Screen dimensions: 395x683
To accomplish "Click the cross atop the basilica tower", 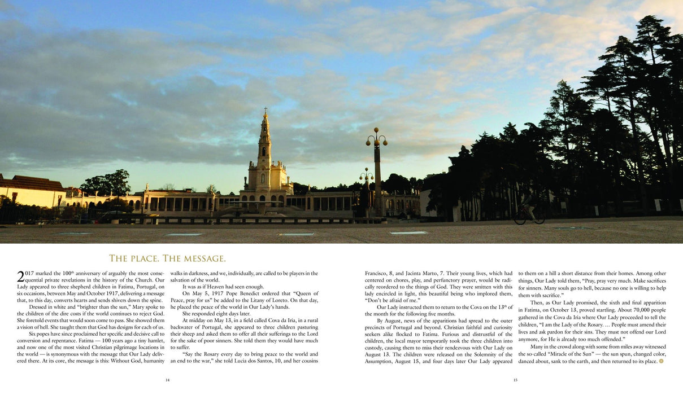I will click(265, 111).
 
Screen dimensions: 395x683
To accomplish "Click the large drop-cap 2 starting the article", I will click(21, 276).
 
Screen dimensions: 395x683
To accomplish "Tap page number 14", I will click(167, 380).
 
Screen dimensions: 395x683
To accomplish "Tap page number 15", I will click(515, 380).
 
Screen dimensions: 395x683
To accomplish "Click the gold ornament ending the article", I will click(662, 361).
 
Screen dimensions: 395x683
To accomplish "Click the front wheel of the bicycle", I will click(520, 218).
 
